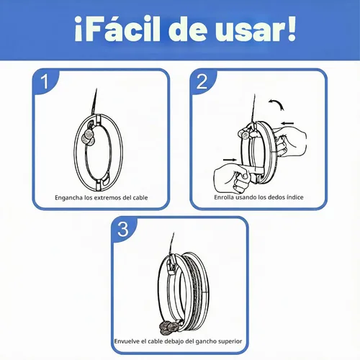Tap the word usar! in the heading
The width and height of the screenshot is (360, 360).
256,30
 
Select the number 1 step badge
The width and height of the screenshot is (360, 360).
45,81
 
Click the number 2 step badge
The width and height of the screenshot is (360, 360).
202,81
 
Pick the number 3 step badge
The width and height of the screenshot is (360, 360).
123,229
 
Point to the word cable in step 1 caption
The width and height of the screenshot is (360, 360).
140,197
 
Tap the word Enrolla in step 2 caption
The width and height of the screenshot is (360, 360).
224,197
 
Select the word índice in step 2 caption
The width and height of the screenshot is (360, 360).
295,197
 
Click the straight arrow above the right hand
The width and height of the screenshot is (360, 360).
287,123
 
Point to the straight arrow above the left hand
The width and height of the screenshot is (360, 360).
230,160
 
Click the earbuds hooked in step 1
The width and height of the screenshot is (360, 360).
89,137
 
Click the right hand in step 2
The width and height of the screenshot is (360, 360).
290,143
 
